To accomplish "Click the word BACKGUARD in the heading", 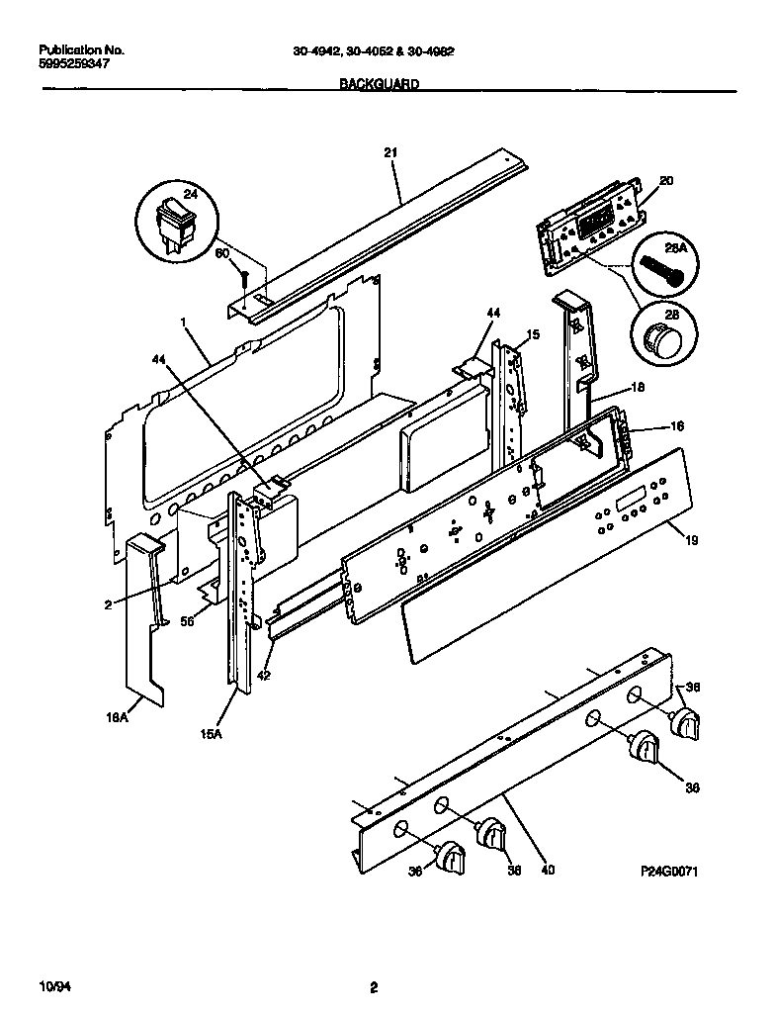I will click(379, 85).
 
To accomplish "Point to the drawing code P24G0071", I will click(676, 873).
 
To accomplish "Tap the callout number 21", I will click(389, 151).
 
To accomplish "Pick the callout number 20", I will click(665, 181).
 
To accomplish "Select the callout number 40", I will click(547, 871).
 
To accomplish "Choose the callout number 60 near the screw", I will click(222, 253).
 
